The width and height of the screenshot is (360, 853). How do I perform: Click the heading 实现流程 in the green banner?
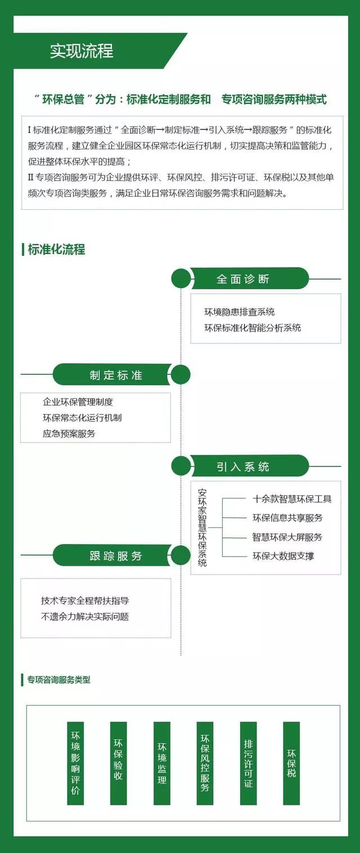[82, 51]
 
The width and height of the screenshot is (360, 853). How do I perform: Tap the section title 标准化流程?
[56, 250]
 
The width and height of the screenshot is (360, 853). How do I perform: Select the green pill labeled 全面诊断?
[250, 279]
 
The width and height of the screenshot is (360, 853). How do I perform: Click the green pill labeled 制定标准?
[112, 374]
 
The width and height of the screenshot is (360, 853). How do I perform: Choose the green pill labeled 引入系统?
[250, 466]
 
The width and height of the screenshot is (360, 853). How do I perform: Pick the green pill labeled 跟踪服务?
[112, 556]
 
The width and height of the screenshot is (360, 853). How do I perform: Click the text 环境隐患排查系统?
[239, 312]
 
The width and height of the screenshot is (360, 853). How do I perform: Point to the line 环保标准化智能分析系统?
[253, 328]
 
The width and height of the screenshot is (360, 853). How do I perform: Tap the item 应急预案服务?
[69, 434]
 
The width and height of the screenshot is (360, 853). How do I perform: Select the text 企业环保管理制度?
[78, 401]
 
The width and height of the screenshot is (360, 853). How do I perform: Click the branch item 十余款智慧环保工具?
[292, 499]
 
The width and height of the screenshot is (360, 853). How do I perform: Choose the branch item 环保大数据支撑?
[283, 556]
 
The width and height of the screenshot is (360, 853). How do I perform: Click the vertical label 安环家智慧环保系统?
[202, 527]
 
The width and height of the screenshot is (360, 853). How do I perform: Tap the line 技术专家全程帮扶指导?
[85, 601]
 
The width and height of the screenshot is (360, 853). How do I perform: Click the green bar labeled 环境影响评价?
[75, 763]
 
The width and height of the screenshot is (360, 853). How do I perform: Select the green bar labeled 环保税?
[291, 763]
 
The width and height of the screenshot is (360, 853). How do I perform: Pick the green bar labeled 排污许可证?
[249, 763]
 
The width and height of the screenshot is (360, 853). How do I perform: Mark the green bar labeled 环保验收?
[119, 763]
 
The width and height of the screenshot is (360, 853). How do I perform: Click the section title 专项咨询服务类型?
[58, 679]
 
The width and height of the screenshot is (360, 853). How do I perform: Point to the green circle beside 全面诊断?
[181, 278]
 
